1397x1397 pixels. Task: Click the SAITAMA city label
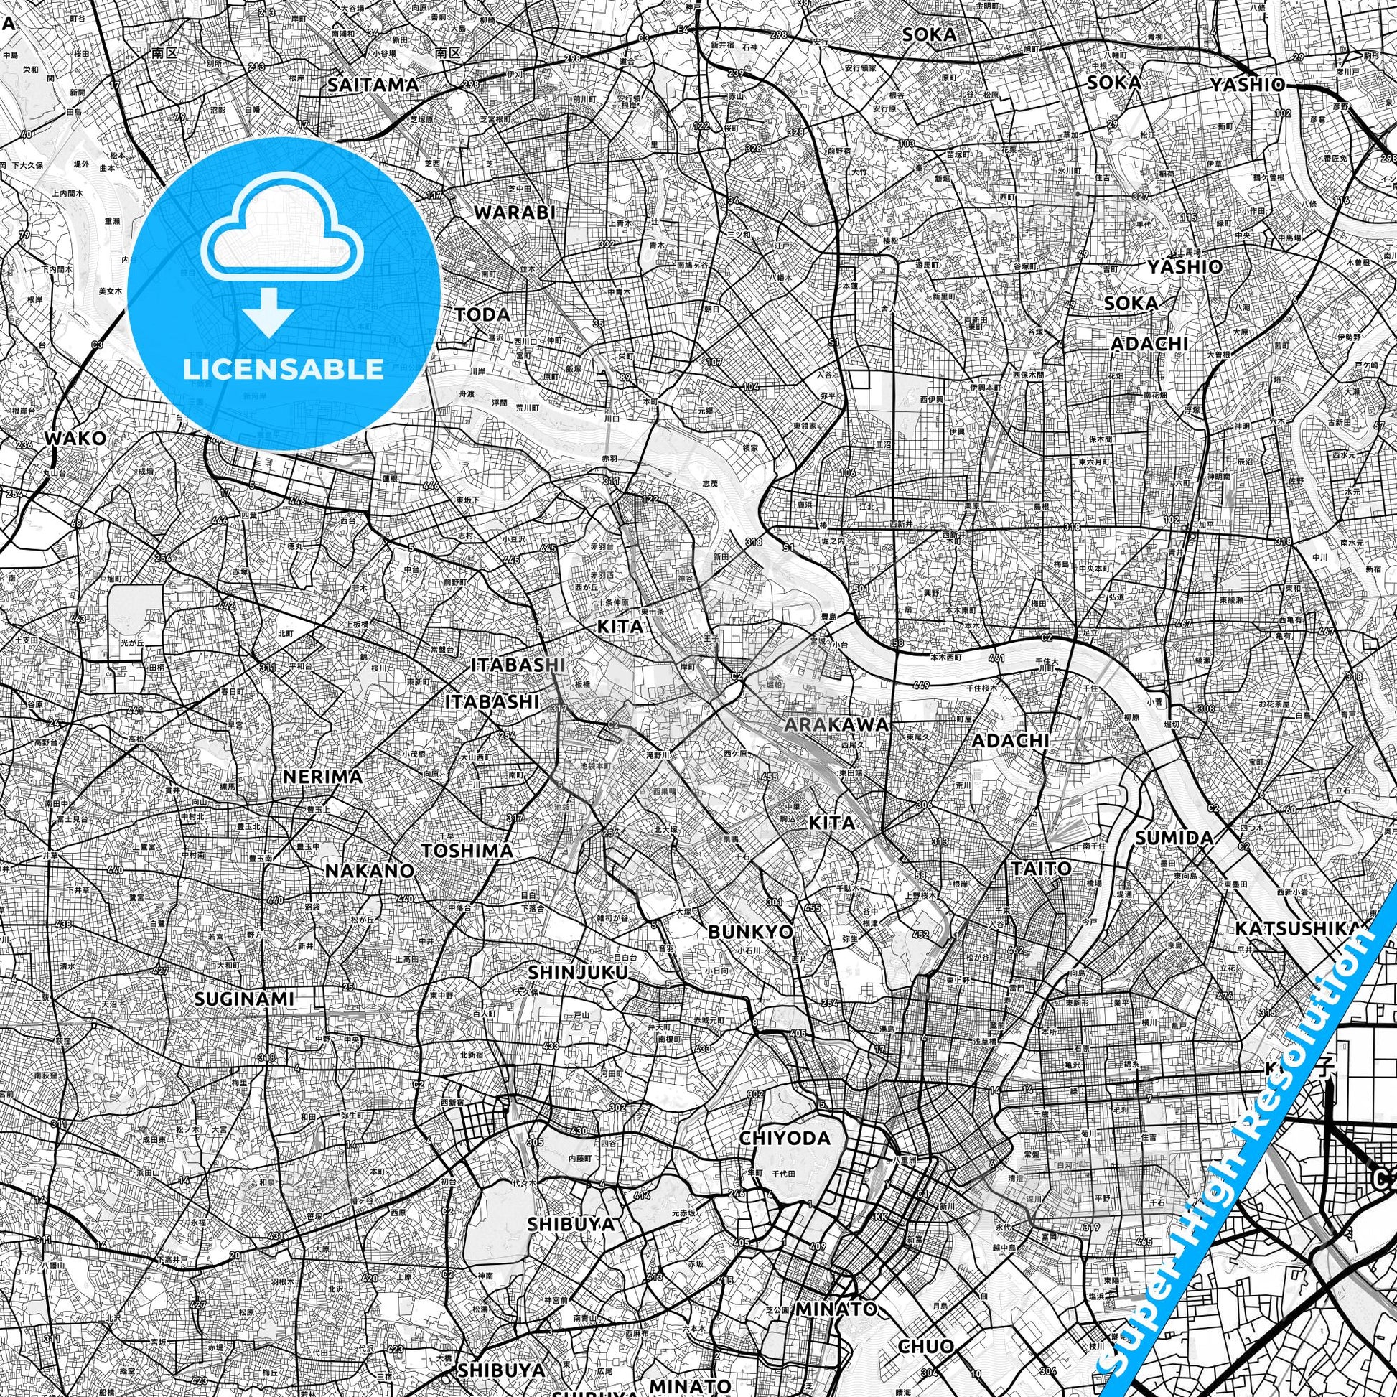[373, 85]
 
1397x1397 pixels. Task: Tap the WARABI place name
[514, 212]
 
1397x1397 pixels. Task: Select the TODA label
[482, 314]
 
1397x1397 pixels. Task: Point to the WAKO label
[75, 438]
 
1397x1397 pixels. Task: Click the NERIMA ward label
[322, 777]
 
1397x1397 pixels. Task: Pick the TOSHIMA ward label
[467, 851]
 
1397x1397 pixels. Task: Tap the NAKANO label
[370, 871]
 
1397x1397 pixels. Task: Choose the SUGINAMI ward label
[244, 999]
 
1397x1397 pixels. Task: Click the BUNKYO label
[751, 932]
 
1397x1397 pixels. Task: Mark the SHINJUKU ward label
[578, 973]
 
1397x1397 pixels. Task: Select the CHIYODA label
[785, 1139]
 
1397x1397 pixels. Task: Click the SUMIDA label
[1174, 838]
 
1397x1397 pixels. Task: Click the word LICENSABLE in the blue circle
[284, 369]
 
